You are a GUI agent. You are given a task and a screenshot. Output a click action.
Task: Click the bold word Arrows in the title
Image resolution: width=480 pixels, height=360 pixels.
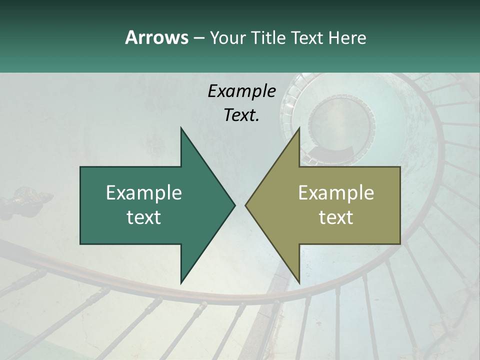click(156, 37)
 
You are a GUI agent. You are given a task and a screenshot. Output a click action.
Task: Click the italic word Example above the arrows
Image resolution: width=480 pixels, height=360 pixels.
click(241, 91)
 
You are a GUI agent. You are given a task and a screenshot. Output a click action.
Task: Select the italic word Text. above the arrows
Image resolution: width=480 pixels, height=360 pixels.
click(241, 115)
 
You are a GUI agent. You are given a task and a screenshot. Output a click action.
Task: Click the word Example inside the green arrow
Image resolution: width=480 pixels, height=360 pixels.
click(144, 193)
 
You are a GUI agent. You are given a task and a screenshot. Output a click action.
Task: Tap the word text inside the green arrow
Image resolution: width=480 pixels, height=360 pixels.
click(144, 217)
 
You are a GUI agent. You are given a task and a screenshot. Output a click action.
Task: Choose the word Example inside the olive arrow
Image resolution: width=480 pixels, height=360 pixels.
click(336, 193)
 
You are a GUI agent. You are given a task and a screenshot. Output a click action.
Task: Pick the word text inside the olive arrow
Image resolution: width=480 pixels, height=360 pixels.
click(336, 217)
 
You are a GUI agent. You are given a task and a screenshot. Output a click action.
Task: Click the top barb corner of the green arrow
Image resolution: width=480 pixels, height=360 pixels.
click(181, 128)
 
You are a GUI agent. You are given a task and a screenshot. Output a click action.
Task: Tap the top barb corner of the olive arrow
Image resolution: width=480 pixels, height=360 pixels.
click(299, 128)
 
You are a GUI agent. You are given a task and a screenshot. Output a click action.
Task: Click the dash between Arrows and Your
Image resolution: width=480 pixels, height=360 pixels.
click(198, 38)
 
